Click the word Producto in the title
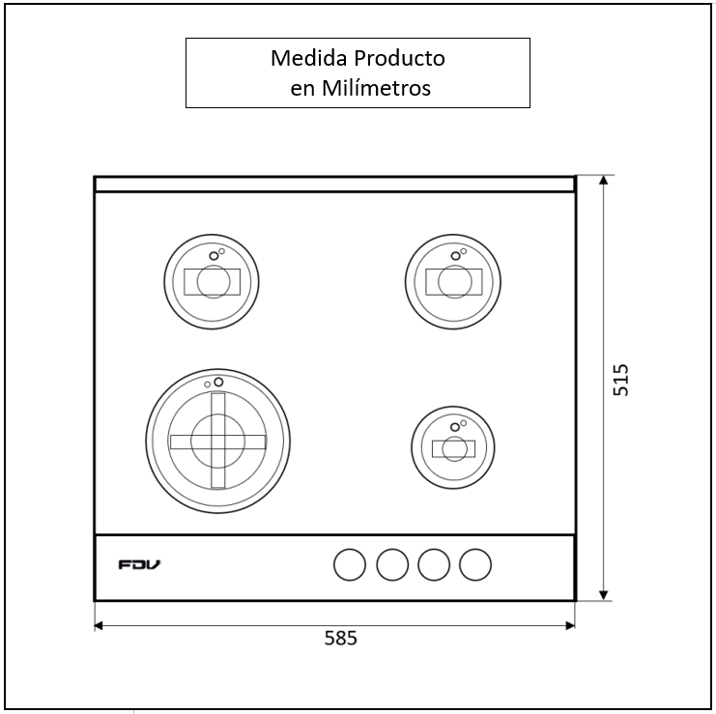click(400, 58)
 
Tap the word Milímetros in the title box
click(376, 88)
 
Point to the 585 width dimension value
click(341, 638)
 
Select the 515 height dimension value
click(620, 380)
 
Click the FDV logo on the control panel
click(139, 564)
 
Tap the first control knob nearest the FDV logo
click(350, 564)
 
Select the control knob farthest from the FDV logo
click(475, 564)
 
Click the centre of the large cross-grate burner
click(217, 441)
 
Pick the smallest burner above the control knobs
click(453, 448)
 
